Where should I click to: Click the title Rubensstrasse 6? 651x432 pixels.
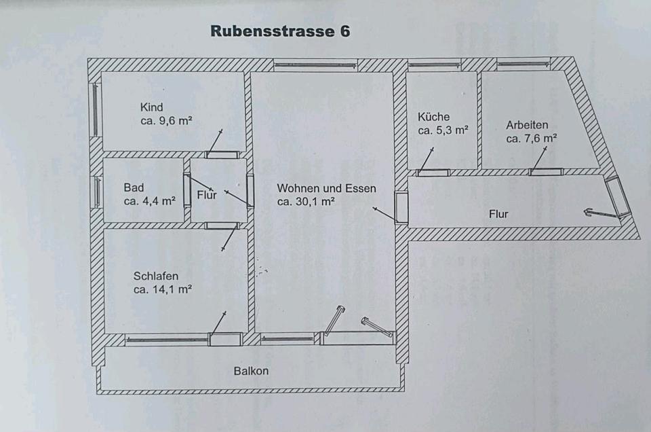click(x=280, y=31)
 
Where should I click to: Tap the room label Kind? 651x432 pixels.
click(x=151, y=107)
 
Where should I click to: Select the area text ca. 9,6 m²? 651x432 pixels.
click(x=166, y=121)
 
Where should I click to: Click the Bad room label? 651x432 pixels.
click(x=134, y=187)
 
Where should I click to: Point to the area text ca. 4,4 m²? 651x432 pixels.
click(x=149, y=201)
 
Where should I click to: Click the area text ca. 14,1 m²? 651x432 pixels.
click(x=162, y=289)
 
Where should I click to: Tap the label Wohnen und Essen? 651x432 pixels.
click(x=326, y=188)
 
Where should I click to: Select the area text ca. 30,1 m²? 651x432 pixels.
click(x=306, y=202)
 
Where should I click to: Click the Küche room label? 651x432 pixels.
click(x=433, y=117)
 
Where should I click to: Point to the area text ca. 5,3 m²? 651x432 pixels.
click(x=443, y=130)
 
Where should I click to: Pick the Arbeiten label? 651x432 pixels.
click(x=527, y=125)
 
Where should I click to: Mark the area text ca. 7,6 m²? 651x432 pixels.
click(x=531, y=139)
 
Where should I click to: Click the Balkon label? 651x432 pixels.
click(x=251, y=371)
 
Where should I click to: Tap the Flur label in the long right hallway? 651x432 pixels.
click(x=498, y=214)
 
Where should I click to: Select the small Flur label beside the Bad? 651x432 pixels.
click(x=206, y=194)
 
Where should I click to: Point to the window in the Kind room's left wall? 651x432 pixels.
click(x=95, y=109)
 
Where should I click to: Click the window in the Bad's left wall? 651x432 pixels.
click(x=97, y=192)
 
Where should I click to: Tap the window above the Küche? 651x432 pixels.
click(x=434, y=65)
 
